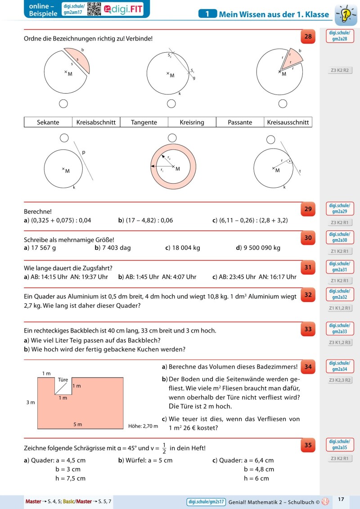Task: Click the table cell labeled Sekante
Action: (x=48, y=122)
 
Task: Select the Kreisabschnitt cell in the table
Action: (x=96, y=122)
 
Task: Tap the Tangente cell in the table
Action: (x=144, y=122)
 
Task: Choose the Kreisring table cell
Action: (x=192, y=122)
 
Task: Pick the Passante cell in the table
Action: (x=240, y=122)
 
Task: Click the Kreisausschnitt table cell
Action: (x=288, y=122)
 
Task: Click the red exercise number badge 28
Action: (x=308, y=37)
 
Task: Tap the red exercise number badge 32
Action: (x=308, y=295)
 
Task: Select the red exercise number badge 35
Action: (x=308, y=446)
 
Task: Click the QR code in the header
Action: (x=94, y=9)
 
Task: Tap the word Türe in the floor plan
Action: (x=63, y=380)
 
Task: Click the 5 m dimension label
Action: (x=78, y=424)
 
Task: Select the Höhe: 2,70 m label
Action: (x=143, y=426)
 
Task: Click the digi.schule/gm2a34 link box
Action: (x=339, y=366)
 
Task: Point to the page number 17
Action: (x=341, y=499)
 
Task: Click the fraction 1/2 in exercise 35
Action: (x=164, y=448)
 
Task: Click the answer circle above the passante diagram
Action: (x=64, y=137)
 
